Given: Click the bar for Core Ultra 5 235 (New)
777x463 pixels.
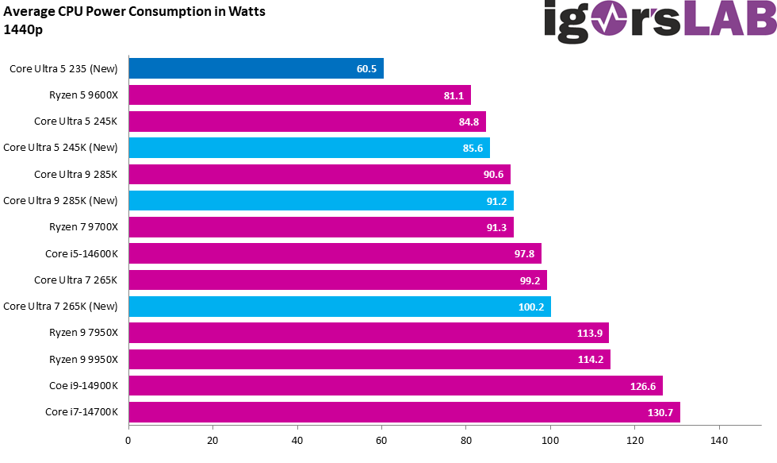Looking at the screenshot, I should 255,68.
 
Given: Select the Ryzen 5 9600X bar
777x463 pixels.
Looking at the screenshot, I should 299,95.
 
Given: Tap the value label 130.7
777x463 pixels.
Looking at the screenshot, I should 662,412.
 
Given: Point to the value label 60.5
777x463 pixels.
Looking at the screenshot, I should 366,69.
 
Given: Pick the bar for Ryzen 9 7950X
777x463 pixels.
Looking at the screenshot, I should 368,333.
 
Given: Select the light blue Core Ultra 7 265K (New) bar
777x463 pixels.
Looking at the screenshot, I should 339,307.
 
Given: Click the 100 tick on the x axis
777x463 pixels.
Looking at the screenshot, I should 550,439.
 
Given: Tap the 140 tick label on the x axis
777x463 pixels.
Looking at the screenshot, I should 719,439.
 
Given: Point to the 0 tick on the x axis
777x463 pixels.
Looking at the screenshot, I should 128,439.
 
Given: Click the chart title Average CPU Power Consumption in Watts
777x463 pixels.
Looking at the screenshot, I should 135,12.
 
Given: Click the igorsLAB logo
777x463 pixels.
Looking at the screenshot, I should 658,21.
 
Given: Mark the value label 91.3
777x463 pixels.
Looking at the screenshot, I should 498,227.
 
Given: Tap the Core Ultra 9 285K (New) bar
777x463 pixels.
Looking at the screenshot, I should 320,201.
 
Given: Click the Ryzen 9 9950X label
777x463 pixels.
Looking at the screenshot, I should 83,359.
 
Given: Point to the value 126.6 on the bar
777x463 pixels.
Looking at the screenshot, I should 645,386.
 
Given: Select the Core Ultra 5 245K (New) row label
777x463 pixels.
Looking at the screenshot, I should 61,148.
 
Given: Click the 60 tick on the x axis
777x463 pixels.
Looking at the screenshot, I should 381,439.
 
